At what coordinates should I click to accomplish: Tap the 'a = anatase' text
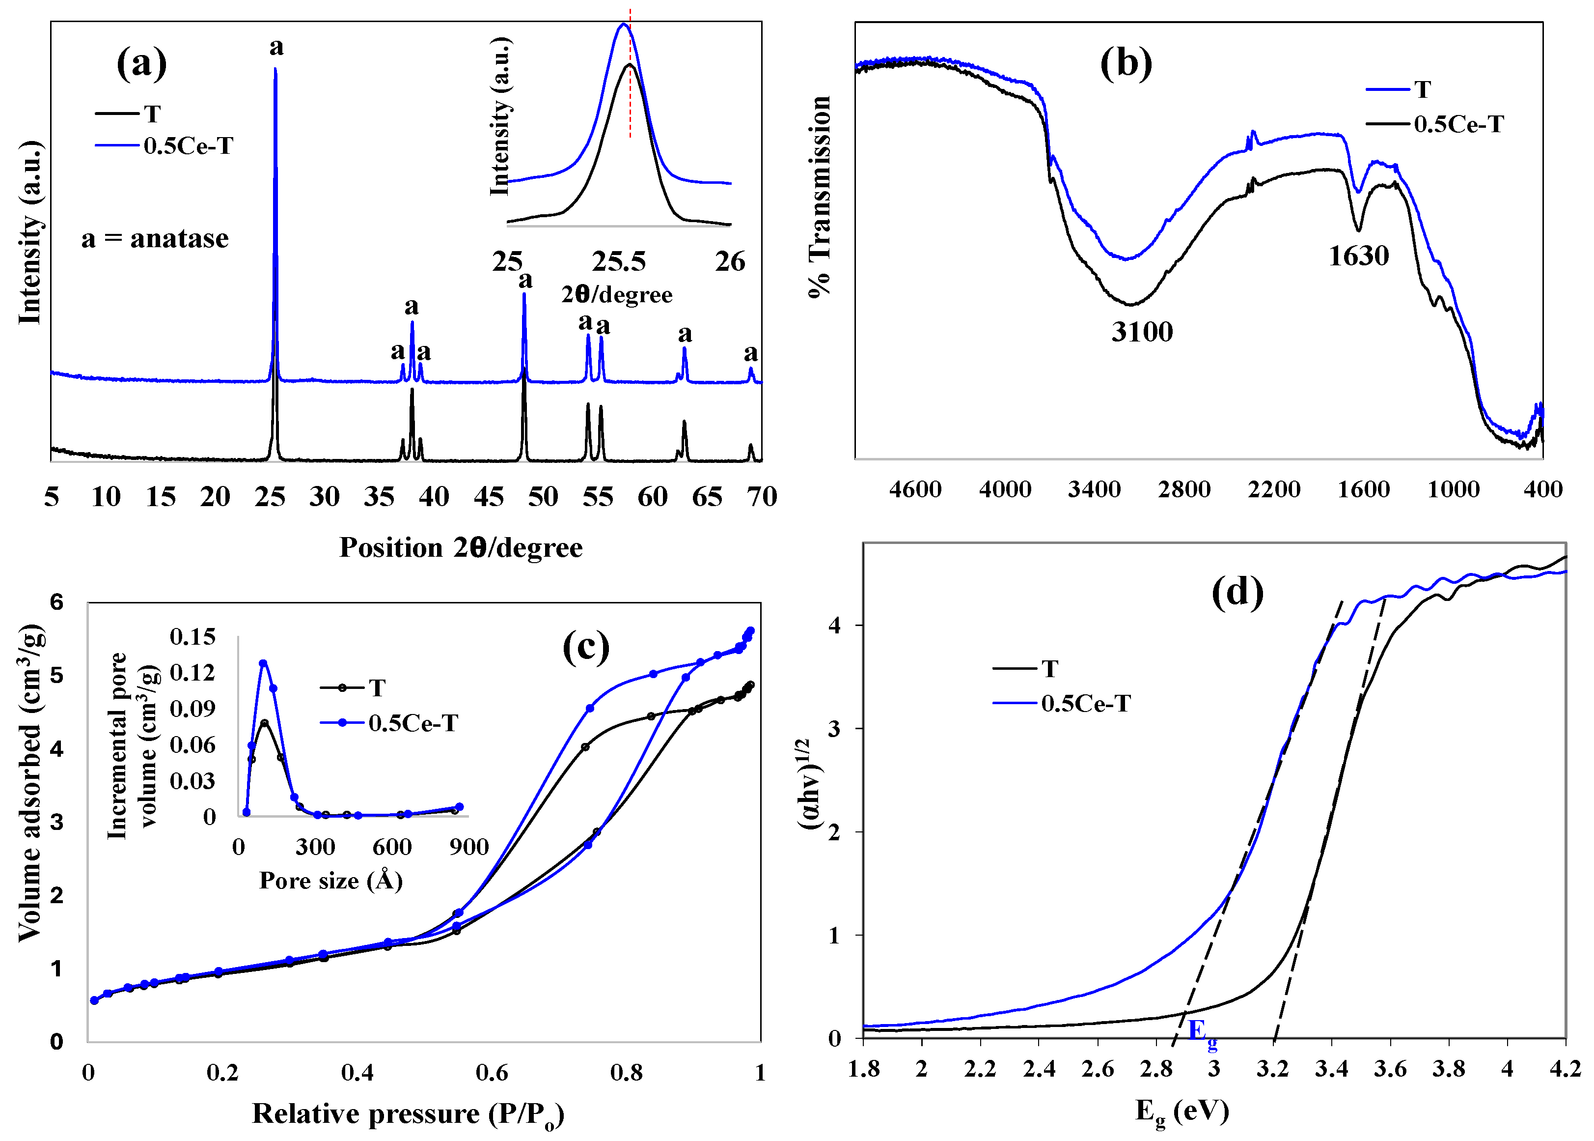[155, 239]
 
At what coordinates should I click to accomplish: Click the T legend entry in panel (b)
[1422, 89]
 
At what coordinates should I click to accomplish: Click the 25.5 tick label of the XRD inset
[618, 262]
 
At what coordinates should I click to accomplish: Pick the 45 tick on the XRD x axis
[488, 497]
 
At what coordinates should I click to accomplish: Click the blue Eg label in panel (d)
[1202, 1033]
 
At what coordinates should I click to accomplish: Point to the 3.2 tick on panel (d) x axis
[1272, 1069]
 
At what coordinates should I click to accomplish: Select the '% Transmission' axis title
[819, 197]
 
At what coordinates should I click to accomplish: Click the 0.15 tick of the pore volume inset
[192, 636]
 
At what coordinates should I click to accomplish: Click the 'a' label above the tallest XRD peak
[276, 47]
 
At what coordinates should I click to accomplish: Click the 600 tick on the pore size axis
[392, 847]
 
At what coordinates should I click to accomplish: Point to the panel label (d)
[1237, 592]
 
